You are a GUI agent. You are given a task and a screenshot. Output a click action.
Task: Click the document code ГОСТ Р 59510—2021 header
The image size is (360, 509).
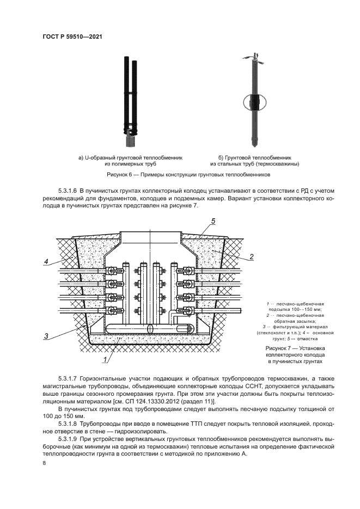72,37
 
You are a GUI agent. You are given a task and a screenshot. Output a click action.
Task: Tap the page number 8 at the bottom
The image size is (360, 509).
44,463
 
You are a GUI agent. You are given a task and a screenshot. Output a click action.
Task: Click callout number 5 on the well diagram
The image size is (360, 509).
213,220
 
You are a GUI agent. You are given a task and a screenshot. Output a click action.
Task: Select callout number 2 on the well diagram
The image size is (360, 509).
252,256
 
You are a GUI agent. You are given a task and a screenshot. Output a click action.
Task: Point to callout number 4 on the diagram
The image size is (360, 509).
47,262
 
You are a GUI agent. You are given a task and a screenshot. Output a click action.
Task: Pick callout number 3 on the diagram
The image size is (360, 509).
47,336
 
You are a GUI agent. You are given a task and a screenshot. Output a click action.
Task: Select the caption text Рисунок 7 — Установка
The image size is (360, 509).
294,347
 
